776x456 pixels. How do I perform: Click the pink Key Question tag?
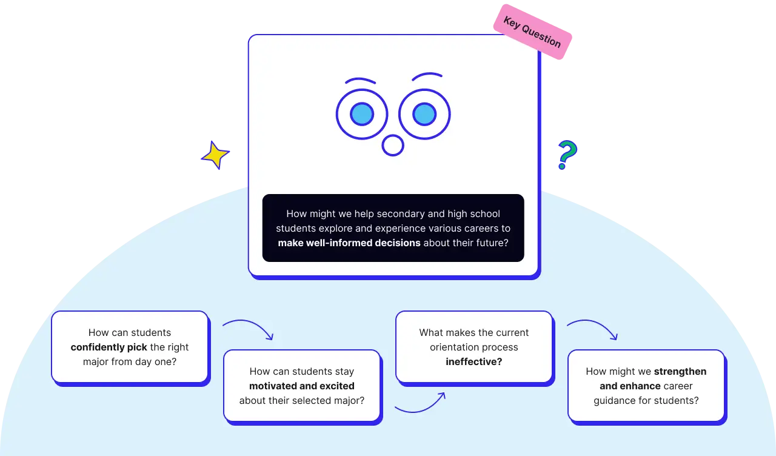tap(532, 35)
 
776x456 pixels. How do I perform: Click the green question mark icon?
tap(566, 155)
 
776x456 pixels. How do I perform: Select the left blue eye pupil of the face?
tap(362, 114)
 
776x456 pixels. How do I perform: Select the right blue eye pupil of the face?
tap(424, 114)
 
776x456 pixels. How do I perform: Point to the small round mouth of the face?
tap(393, 146)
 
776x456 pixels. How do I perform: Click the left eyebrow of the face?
tap(361, 80)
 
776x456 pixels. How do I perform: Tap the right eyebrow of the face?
tap(427, 76)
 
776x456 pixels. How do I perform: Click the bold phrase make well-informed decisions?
tap(349, 243)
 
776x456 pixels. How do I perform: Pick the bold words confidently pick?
tap(109, 347)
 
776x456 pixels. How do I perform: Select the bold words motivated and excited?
tap(301, 386)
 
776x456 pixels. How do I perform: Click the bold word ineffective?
tap(473, 362)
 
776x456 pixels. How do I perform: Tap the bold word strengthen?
tap(680, 372)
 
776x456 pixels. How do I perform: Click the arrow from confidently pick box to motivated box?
tap(249, 329)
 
